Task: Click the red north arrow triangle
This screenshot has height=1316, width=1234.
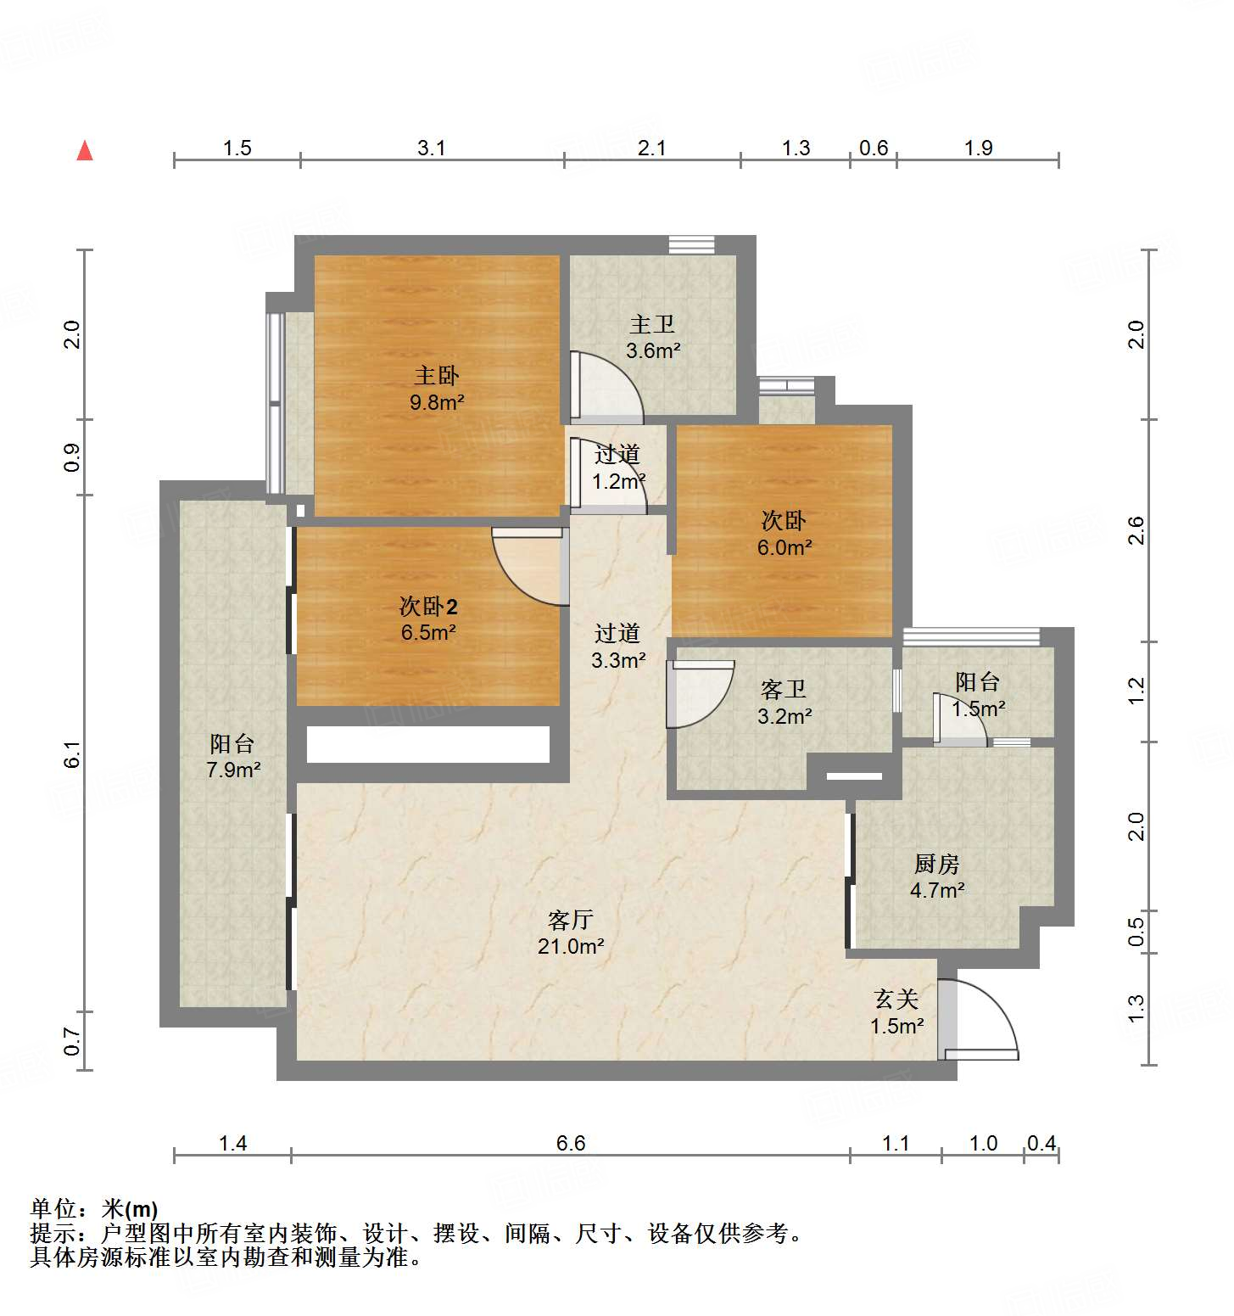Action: tap(85, 151)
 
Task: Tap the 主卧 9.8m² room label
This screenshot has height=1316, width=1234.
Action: tap(437, 389)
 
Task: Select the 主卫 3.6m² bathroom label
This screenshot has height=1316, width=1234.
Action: tap(653, 337)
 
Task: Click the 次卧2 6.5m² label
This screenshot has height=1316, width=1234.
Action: tap(428, 619)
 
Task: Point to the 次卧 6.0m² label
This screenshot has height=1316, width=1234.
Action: tap(784, 534)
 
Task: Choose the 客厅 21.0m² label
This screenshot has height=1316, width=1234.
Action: tap(570, 932)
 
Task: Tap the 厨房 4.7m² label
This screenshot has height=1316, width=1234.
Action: tap(937, 876)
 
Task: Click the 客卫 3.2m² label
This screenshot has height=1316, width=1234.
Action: tap(784, 703)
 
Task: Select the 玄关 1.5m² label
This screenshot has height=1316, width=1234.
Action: tap(896, 1012)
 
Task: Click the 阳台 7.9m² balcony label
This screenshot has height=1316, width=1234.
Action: tap(233, 757)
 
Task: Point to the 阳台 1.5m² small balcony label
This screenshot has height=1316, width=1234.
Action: tap(978, 695)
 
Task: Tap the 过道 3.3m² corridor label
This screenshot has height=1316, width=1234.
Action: tap(618, 647)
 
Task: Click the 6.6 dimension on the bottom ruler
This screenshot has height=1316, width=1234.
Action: tap(571, 1143)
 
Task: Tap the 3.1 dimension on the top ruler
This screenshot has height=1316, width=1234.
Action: tap(431, 148)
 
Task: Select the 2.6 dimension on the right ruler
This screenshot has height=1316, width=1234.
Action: tap(1136, 530)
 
